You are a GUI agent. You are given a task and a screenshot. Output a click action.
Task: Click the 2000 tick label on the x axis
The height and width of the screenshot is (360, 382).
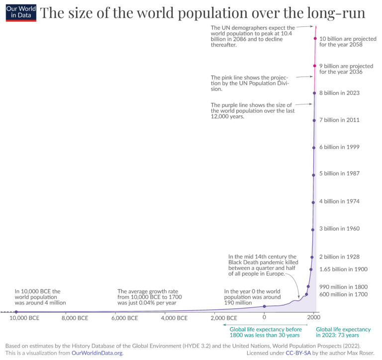point(313,318)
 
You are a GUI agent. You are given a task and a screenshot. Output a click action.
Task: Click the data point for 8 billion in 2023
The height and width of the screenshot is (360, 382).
point(314,93)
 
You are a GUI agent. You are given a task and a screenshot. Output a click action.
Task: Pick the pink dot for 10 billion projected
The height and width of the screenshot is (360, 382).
point(315,38)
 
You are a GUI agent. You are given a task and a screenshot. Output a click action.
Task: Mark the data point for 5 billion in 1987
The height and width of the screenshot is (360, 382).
point(313,175)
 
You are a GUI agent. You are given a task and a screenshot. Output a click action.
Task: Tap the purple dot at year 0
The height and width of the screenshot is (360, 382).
point(264,306)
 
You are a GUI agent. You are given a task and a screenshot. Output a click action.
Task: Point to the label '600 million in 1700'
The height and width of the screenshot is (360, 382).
point(343,294)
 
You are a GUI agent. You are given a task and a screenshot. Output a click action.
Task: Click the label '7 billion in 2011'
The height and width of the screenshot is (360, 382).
point(339,120)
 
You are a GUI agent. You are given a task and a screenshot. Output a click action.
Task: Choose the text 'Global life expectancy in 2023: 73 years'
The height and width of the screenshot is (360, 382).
point(343,332)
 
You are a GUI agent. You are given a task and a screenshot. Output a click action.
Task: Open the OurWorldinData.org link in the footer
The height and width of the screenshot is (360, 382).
point(94,353)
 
